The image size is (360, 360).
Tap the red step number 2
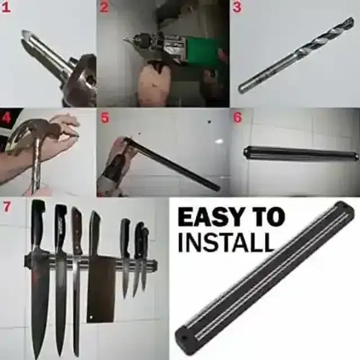pos(104,7)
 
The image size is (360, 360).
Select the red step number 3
pos(237,7)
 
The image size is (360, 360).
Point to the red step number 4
pos(7,119)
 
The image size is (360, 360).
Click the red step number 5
pos(105,118)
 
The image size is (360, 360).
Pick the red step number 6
pos(237,118)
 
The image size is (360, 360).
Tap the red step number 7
pos(7,206)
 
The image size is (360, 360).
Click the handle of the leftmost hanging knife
pos(38,222)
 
